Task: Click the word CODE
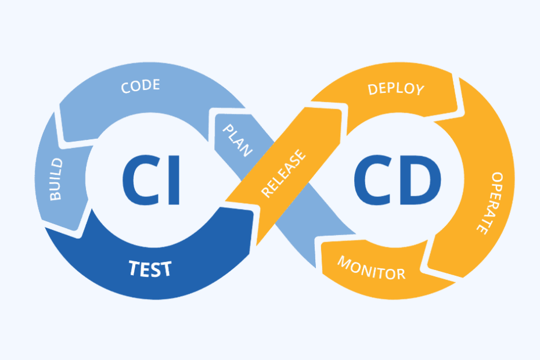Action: click(141, 87)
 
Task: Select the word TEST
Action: click(150, 268)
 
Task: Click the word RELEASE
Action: click(283, 174)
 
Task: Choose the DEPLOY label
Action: click(396, 89)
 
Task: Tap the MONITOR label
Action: click(371, 268)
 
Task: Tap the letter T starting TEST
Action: click(134, 268)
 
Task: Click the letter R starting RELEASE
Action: click(267, 192)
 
